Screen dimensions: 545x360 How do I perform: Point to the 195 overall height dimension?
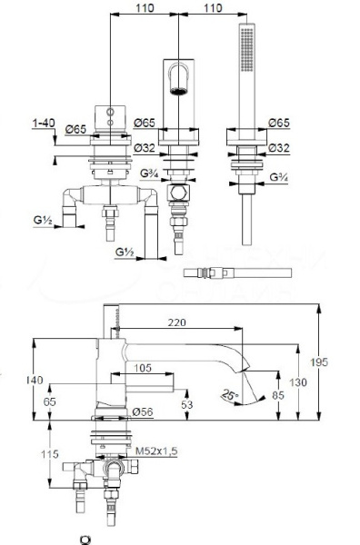pos(337,362)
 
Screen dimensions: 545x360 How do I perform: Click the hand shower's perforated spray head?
pos(245,50)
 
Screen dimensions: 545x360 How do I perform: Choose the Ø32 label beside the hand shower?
pos(280,147)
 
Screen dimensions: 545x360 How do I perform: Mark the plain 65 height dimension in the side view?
pos(51,401)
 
